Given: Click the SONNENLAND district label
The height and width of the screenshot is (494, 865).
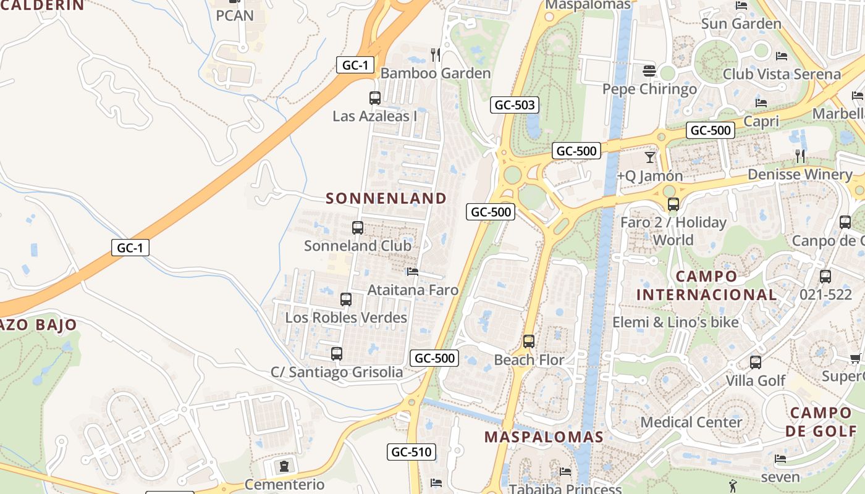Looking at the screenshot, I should (x=386, y=198).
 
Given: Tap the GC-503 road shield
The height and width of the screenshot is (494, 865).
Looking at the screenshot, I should (x=515, y=105).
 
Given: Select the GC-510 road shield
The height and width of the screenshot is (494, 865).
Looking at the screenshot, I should (x=412, y=452).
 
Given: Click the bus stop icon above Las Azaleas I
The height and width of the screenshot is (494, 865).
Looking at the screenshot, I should (x=375, y=98).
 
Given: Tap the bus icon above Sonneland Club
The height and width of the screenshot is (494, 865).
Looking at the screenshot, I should (x=358, y=227).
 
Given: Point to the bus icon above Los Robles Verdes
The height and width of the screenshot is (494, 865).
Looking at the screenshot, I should (x=346, y=299).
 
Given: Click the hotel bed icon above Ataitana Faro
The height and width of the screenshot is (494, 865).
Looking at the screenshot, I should (x=413, y=272).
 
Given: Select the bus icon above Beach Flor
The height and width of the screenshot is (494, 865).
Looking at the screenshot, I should (x=529, y=341).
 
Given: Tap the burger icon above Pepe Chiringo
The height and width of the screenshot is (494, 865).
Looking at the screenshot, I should (x=649, y=70).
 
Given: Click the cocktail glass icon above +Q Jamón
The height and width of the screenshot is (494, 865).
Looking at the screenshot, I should (x=650, y=157).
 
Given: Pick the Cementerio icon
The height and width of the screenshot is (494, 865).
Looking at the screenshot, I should (x=284, y=466).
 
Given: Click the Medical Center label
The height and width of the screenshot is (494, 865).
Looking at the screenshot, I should (x=691, y=422).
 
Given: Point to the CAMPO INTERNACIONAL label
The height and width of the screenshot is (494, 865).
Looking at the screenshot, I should (x=706, y=285).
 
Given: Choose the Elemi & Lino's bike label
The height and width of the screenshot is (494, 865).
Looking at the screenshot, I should (x=675, y=322).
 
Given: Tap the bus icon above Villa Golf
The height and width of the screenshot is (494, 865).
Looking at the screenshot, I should (x=756, y=362).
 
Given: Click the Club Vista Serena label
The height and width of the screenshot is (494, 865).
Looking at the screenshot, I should (x=782, y=74).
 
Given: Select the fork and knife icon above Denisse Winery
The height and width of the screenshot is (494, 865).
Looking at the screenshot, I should (x=800, y=156).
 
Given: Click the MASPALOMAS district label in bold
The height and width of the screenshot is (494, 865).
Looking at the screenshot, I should (x=544, y=437).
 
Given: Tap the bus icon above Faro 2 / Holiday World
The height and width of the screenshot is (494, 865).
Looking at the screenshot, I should (x=673, y=204).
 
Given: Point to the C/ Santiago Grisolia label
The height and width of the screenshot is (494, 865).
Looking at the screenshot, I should (x=337, y=372).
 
